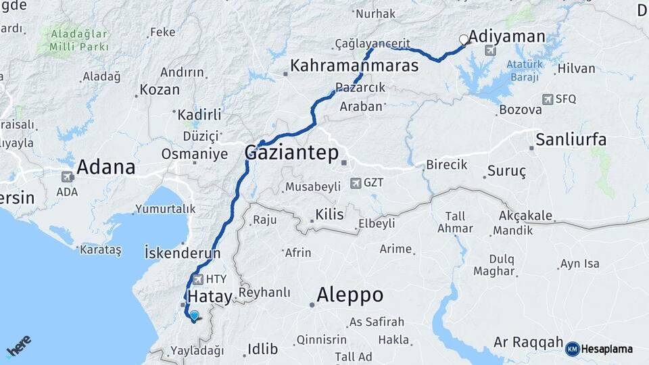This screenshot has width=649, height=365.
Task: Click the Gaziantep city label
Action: (291, 153)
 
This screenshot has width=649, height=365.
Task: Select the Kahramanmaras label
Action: (354, 66)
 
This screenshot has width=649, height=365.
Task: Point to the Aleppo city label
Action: (350, 295)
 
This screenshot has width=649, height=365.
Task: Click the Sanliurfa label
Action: (571, 140)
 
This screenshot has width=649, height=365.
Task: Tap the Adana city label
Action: (105, 167)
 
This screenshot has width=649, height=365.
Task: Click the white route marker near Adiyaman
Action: (464, 39)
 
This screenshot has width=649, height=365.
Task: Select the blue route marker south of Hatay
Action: (195, 315)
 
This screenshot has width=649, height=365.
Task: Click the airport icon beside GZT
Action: (356, 183)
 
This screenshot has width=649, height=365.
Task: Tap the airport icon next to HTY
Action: (197, 279)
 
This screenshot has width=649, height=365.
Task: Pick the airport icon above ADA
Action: (67, 177)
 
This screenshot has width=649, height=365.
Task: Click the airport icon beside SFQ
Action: (548, 99)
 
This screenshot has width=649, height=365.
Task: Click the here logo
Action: (18, 346)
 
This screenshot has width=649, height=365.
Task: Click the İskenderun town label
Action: (183, 253)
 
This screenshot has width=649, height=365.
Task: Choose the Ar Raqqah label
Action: (528, 342)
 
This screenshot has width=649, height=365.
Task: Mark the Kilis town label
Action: (329, 215)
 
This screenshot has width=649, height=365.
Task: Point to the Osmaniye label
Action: (194, 154)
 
